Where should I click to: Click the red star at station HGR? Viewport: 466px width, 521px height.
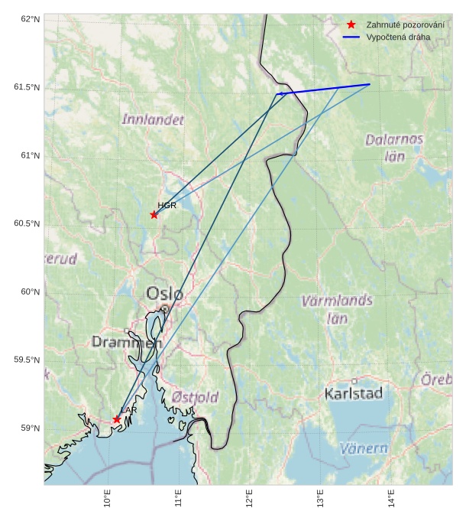tap(154, 214)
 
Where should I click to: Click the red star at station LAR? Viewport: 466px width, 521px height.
tap(117, 419)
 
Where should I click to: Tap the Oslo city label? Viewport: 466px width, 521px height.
tap(164, 293)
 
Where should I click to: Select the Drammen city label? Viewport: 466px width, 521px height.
tap(127, 342)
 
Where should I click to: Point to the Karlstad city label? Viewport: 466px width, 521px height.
tap(354, 394)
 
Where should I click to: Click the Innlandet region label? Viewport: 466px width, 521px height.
tap(153, 119)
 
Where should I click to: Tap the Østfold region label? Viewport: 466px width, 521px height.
tap(195, 397)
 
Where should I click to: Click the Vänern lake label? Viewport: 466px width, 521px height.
tap(363, 448)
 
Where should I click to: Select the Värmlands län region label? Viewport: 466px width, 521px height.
tap(337, 309)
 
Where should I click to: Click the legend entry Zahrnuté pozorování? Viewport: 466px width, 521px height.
tap(405, 25)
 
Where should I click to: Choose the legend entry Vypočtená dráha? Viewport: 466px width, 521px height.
tap(398, 37)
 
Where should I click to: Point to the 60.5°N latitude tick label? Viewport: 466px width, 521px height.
tap(28, 223)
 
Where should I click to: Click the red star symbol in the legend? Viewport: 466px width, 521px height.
tap(351, 25)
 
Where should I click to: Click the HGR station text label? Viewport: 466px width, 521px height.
tap(167, 206)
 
